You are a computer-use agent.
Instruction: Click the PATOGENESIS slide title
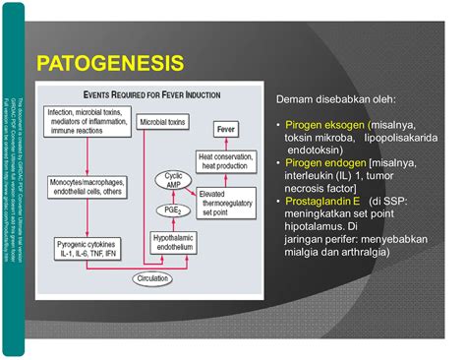coord(109,65)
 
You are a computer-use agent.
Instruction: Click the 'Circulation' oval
coord(162,278)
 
